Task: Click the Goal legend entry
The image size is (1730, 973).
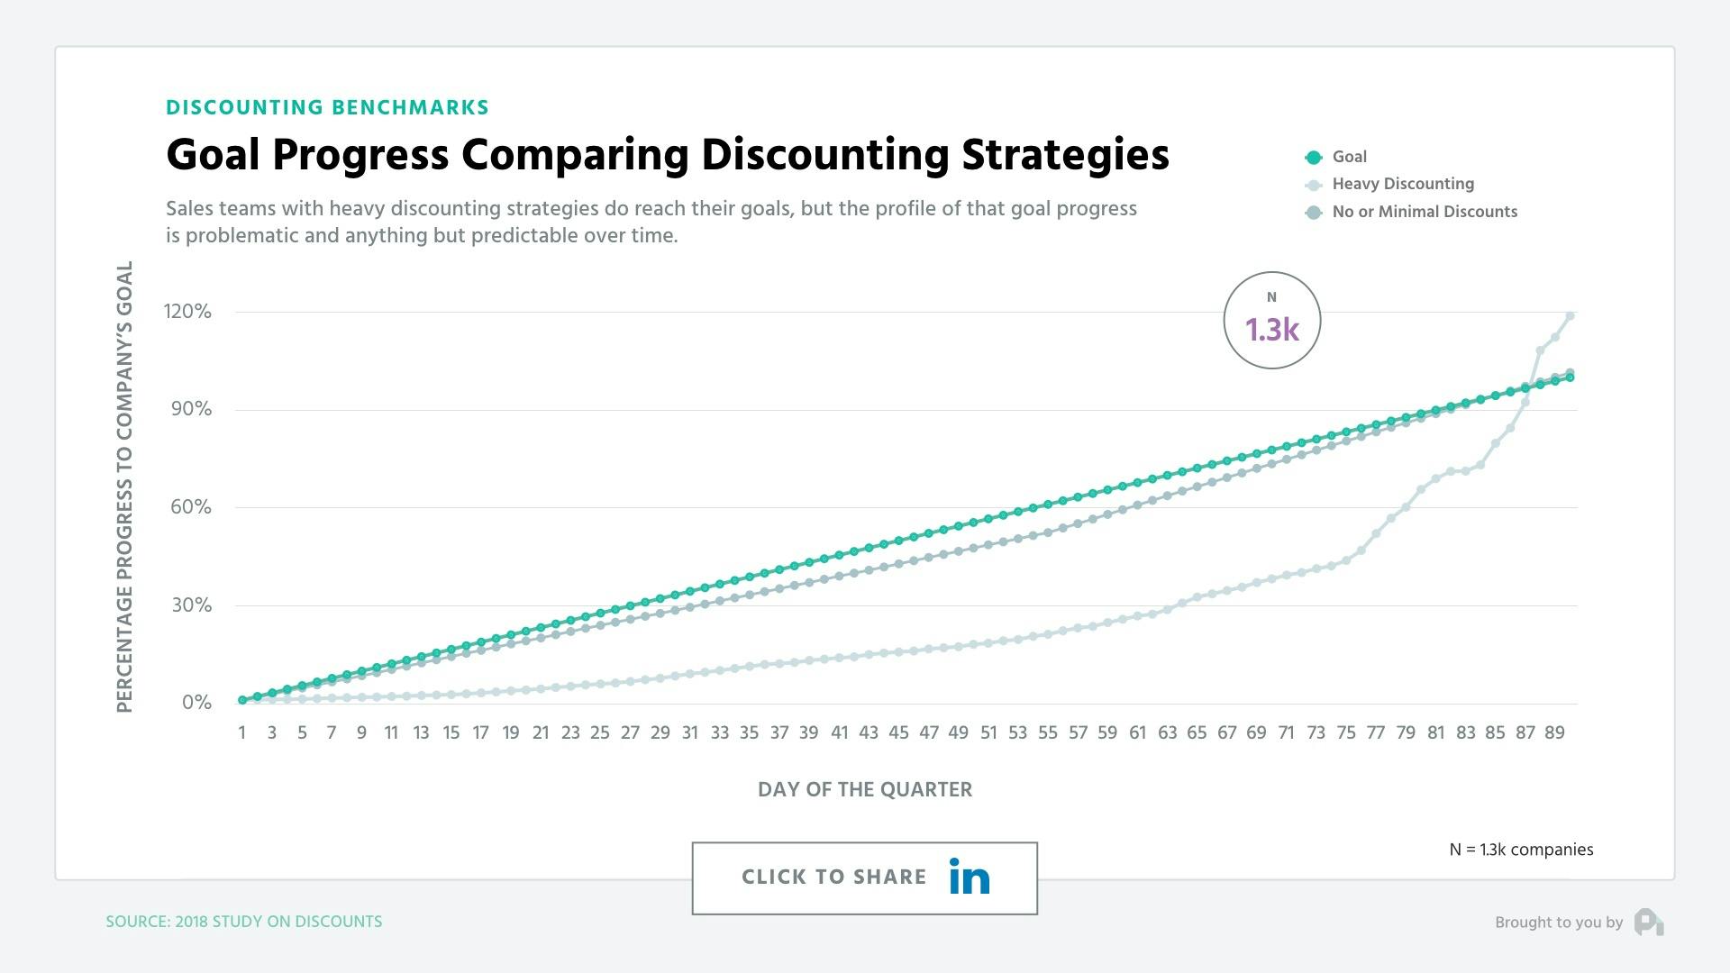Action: (1348, 157)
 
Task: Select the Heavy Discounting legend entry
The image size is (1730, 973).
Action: (1402, 184)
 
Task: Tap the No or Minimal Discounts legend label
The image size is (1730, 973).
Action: (1424, 212)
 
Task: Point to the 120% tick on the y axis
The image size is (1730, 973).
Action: (187, 312)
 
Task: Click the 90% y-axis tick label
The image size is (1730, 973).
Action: (191, 409)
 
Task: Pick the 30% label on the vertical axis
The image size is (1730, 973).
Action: (191, 605)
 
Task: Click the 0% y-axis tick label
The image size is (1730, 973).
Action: (196, 703)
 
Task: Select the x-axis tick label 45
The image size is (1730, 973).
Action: (898, 732)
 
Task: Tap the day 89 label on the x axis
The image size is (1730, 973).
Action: (1554, 732)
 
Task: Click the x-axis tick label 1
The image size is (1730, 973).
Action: (241, 732)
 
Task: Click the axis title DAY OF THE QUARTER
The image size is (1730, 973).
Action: (864, 790)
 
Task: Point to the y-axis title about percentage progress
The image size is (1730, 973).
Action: (124, 486)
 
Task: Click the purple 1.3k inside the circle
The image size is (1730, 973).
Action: (1271, 330)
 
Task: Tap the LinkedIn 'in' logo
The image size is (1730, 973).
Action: (970, 877)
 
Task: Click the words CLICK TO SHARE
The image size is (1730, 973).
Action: (833, 878)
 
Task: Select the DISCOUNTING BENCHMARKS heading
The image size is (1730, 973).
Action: (327, 108)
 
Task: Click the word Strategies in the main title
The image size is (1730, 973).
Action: (1065, 155)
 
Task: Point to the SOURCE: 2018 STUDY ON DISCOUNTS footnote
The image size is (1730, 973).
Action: (244, 922)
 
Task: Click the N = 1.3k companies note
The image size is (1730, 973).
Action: (1521, 850)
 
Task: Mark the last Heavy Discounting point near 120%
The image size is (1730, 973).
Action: (1570, 315)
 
